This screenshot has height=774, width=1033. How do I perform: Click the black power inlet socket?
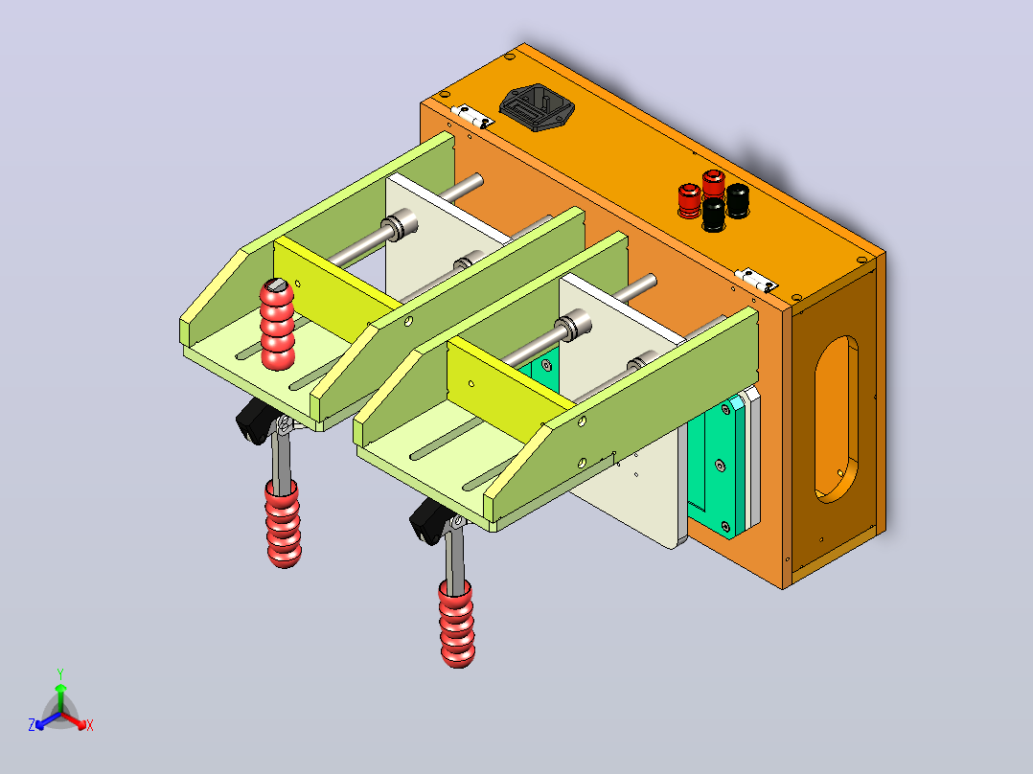pos(537,106)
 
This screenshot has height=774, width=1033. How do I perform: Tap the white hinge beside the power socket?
pos(472,115)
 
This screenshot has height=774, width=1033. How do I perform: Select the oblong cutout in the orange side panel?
pos(837,420)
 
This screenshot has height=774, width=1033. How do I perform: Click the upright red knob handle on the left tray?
pos(277,324)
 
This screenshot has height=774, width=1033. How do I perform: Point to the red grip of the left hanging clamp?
pos(284,523)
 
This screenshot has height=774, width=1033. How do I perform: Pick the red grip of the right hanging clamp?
pos(456,624)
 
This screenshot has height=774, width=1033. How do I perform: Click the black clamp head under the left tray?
pos(256,421)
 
